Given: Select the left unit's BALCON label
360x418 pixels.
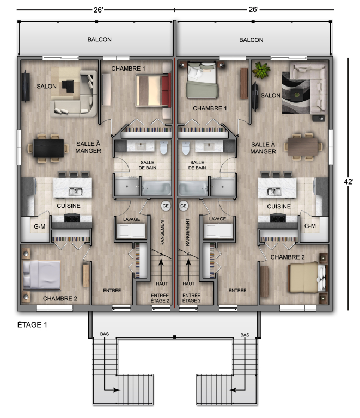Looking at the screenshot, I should click(x=100, y=40).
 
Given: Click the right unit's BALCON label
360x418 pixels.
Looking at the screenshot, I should click(x=251, y=40).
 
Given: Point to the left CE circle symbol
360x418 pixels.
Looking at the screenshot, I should click(x=166, y=206).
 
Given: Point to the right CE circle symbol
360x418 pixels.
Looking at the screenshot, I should click(x=184, y=206).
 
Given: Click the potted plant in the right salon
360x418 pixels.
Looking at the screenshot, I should click(x=261, y=71).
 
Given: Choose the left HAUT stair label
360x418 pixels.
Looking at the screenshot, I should click(x=161, y=284).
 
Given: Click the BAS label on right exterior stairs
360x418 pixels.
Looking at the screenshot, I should click(x=245, y=334).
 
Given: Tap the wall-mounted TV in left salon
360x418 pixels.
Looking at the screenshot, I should click(x=25, y=86).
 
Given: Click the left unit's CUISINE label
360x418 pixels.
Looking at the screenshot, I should click(x=69, y=206).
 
